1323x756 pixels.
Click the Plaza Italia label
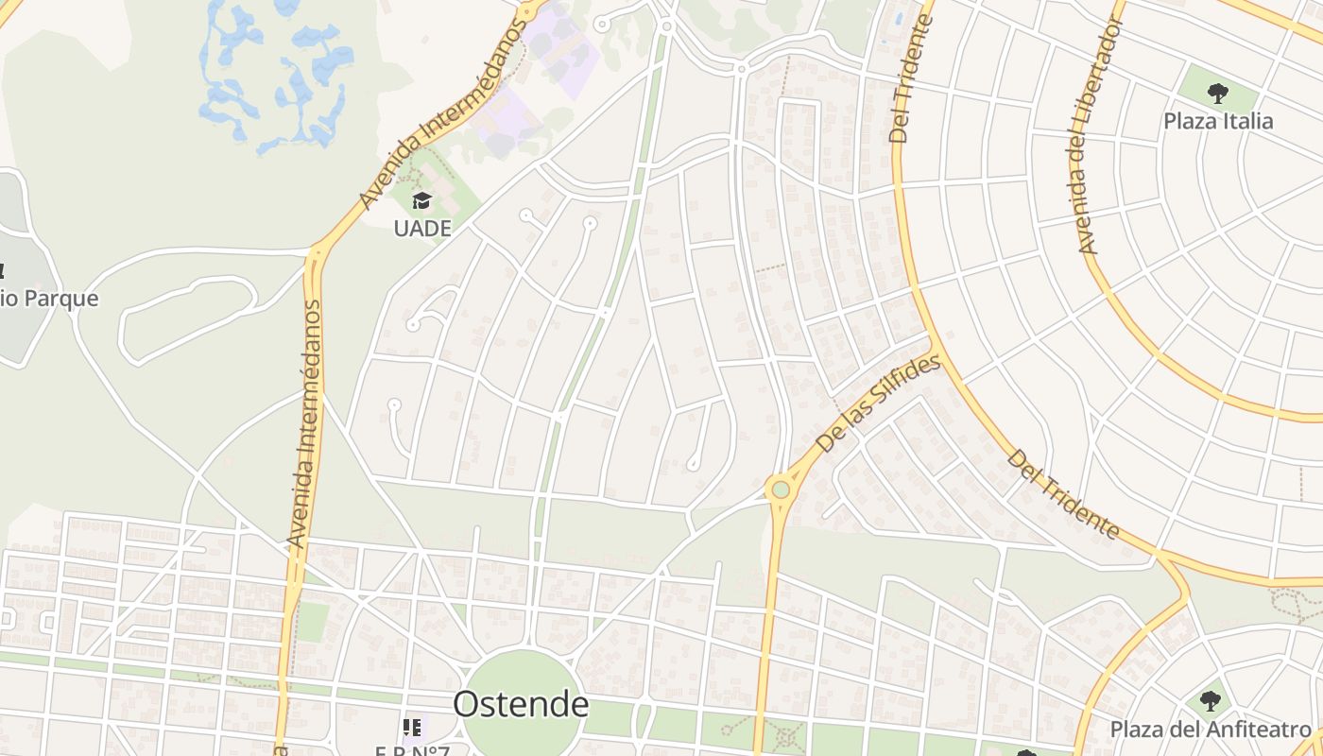(x=1217, y=121)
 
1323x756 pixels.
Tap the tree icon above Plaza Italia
(x=1217, y=93)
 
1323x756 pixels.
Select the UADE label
(x=421, y=228)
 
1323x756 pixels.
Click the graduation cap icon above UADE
(x=421, y=200)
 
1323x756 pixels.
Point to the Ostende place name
(x=521, y=704)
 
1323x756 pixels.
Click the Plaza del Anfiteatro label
(x=1211, y=730)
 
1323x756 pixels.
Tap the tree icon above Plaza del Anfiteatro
(x=1210, y=701)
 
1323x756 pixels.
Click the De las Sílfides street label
(x=878, y=404)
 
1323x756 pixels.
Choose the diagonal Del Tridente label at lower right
(x=1063, y=495)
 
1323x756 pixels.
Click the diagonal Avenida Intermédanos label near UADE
(x=439, y=112)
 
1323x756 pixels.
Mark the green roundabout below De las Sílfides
(x=780, y=490)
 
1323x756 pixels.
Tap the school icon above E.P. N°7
(x=412, y=727)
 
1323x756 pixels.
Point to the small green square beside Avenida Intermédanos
(x=312, y=622)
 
